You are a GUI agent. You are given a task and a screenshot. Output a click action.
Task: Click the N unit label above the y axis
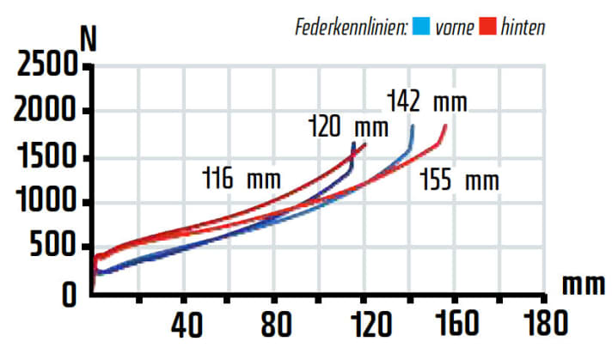(x=88, y=40)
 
